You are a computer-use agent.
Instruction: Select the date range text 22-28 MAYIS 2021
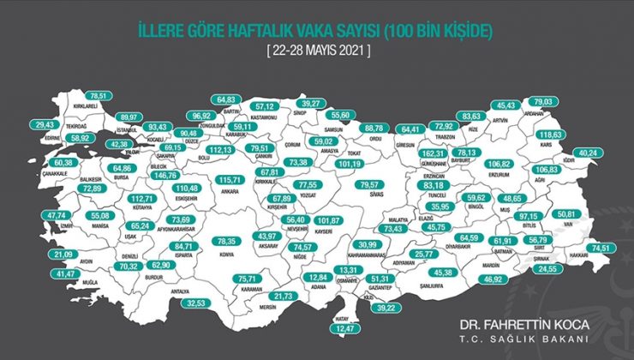[316, 51]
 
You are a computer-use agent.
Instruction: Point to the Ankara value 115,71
[229, 180]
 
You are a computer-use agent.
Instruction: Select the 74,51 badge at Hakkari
[600, 248]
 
